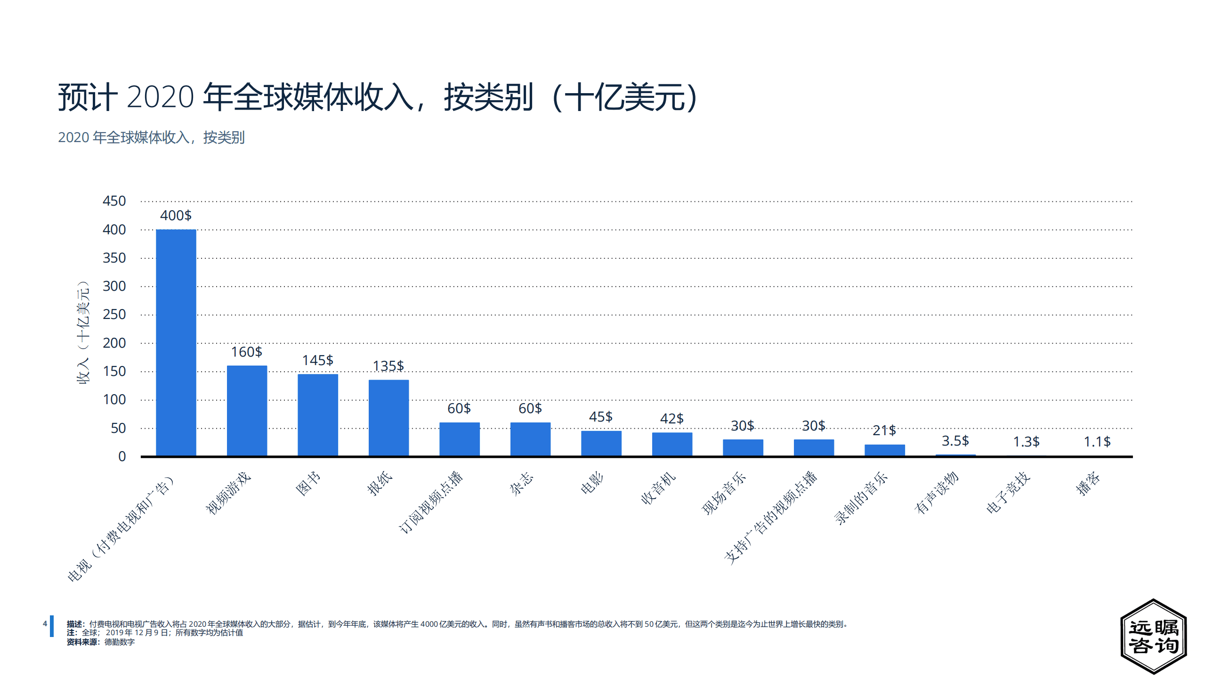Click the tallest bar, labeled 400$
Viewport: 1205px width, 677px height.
176,342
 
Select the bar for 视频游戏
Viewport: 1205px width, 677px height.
247,410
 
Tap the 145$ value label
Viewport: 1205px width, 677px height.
317,360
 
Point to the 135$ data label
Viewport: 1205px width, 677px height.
388,366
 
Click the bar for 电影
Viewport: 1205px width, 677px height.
601,443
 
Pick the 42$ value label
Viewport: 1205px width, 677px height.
671,418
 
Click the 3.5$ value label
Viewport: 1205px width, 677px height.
955,441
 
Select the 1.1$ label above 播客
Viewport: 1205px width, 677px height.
1097,441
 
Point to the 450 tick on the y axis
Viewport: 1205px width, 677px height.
114,201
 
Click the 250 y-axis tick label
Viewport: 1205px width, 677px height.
114,314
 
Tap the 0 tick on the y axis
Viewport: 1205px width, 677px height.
122,456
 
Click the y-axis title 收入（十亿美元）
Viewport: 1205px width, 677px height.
83,332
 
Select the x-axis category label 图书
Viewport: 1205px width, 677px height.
308,483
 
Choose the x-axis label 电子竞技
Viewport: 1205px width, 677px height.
1008,492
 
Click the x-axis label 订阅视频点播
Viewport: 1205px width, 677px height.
431,502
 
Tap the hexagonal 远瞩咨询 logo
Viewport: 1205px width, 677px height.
1153,637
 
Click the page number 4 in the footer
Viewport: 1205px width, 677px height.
45,624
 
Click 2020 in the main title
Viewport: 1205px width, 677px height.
160,97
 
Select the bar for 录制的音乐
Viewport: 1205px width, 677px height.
884,450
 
